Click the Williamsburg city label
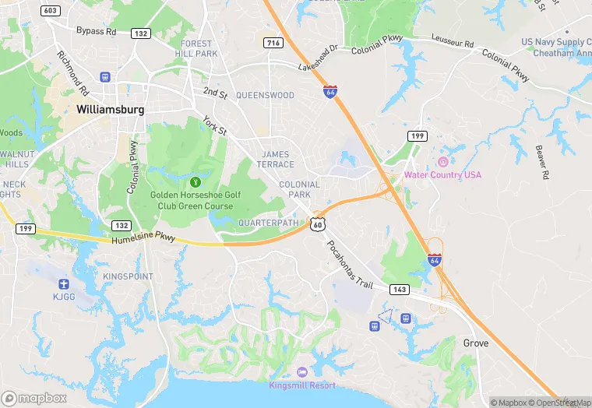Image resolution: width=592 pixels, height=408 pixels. [x=111, y=110]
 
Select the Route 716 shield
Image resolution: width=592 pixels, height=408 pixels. [x=272, y=42]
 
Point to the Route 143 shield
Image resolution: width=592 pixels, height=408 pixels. [x=400, y=289]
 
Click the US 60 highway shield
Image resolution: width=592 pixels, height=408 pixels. [x=316, y=223]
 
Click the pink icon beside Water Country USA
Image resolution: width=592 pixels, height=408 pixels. [x=442, y=161]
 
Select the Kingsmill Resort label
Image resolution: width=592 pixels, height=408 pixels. [x=302, y=385]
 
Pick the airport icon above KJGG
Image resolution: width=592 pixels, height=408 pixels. [x=63, y=283]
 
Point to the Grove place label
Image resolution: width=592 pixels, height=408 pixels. [x=476, y=343]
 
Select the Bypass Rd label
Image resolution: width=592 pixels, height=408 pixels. [x=96, y=31]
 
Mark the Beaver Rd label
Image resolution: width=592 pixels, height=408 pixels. [x=543, y=160]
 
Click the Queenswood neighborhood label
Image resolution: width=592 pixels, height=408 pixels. [x=265, y=95]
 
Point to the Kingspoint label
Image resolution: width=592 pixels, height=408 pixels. [x=128, y=276]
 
